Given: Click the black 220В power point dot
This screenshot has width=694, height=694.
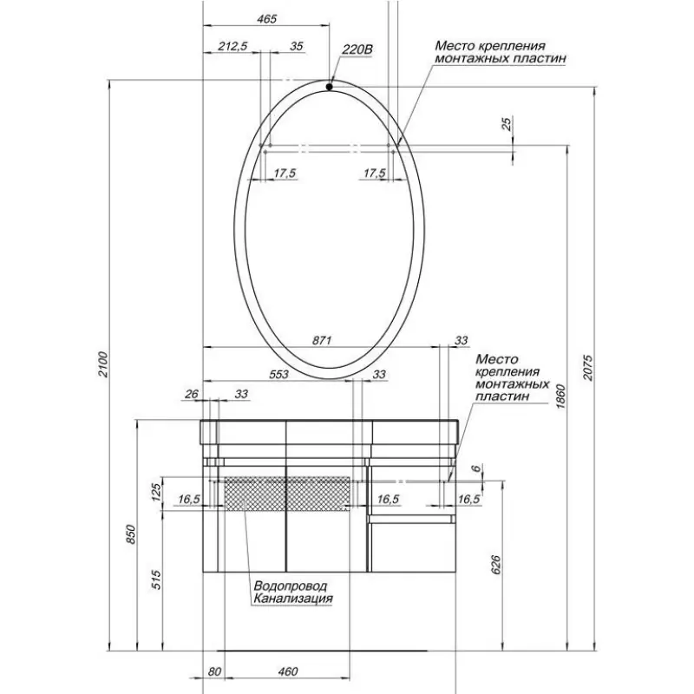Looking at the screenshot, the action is (330, 87).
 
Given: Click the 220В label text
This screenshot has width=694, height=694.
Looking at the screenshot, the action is (357, 50).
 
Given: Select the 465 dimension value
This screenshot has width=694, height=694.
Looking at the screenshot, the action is (266, 19).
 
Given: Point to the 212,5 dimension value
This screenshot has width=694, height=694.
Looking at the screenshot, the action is (232, 47).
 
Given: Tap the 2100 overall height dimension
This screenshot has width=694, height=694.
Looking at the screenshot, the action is (102, 363).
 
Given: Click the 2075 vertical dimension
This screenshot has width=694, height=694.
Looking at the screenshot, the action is (587, 367).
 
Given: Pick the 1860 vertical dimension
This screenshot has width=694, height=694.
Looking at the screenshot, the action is (560, 396).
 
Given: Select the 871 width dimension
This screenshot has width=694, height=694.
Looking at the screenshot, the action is (322, 340).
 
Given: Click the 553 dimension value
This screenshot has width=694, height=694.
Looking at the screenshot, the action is (278, 375).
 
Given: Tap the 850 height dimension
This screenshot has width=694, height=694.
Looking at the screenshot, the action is (130, 534).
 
